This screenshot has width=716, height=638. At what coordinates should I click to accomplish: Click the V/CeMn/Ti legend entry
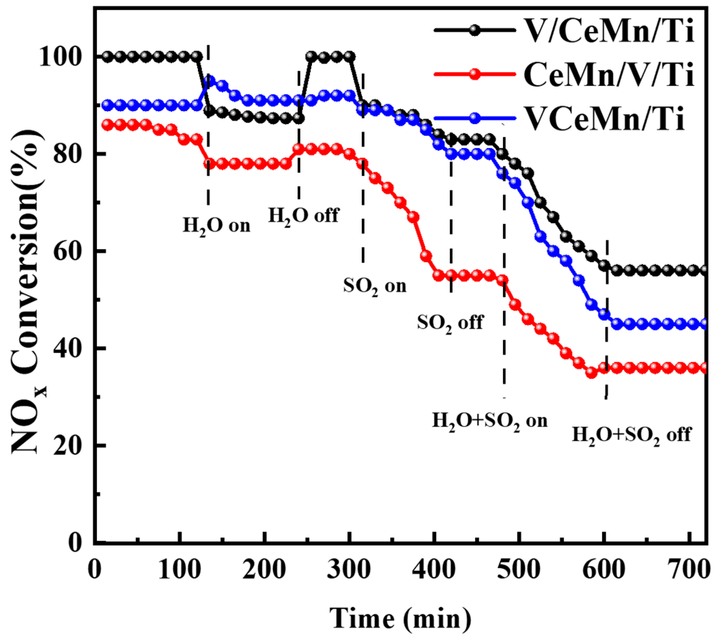[x=608, y=31]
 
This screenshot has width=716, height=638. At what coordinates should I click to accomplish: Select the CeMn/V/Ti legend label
[x=608, y=75]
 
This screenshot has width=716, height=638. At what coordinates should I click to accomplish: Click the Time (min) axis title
[x=400, y=619]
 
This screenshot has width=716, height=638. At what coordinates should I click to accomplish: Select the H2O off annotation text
[x=303, y=215]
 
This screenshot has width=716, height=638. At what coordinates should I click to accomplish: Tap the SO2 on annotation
[x=374, y=287]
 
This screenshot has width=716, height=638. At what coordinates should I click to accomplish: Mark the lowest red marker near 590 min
[x=592, y=372]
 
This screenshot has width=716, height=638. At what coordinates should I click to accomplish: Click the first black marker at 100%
[x=108, y=56]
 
